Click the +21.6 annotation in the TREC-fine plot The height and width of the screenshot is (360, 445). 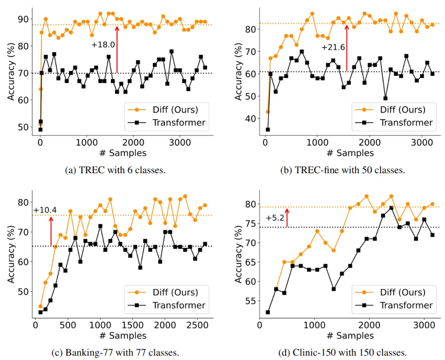pos(333,48)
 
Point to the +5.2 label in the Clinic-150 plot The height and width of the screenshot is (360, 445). pos(275,218)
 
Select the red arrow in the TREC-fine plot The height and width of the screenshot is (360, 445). pos(347,47)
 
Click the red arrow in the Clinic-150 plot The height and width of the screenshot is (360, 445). pos(287,217)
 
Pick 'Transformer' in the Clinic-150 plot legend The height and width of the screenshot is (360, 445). pos(406,305)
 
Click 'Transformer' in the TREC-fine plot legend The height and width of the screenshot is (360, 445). pos(406,122)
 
